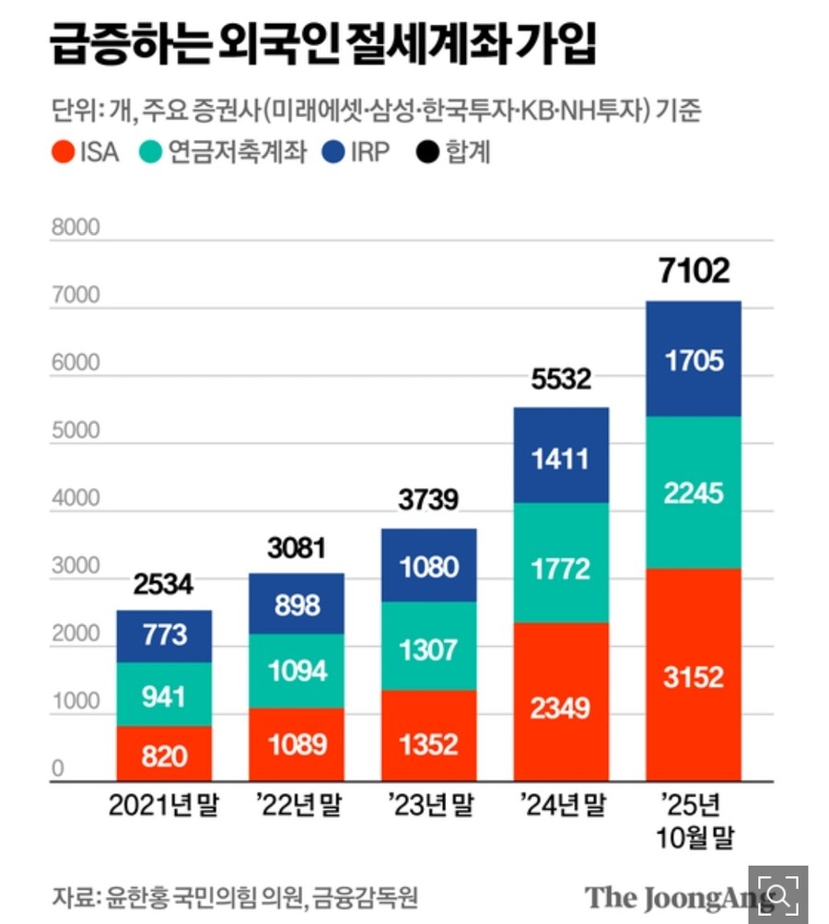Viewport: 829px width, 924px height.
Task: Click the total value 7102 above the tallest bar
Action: click(x=695, y=271)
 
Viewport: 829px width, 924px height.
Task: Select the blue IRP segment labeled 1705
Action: click(x=695, y=359)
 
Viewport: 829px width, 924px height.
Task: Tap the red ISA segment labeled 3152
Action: click(x=695, y=676)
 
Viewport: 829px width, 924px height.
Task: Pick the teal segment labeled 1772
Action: click(x=561, y=568)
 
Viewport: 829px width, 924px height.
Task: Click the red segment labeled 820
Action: click(x=164, y=756)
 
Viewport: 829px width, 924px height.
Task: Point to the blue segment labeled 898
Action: click(x=297, y=604)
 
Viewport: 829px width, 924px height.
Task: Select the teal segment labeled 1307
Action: click(x=428, y=649)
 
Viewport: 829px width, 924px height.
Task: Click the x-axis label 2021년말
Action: click(x=164, y=807)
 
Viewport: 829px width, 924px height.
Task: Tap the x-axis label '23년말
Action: click(x=428, y=807)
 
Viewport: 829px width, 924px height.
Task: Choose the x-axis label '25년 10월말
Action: click(x=695, y=822)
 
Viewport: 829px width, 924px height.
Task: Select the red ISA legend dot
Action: click(x=62, y=151)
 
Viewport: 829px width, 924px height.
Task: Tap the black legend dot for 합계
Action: click(x=426, y=151)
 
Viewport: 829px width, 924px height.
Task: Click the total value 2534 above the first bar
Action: click(x=164, y=585)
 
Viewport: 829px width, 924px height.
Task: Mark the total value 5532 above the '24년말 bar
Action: click(x=561, y=379)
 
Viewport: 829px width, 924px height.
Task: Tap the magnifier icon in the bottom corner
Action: click(x=778, y=894)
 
